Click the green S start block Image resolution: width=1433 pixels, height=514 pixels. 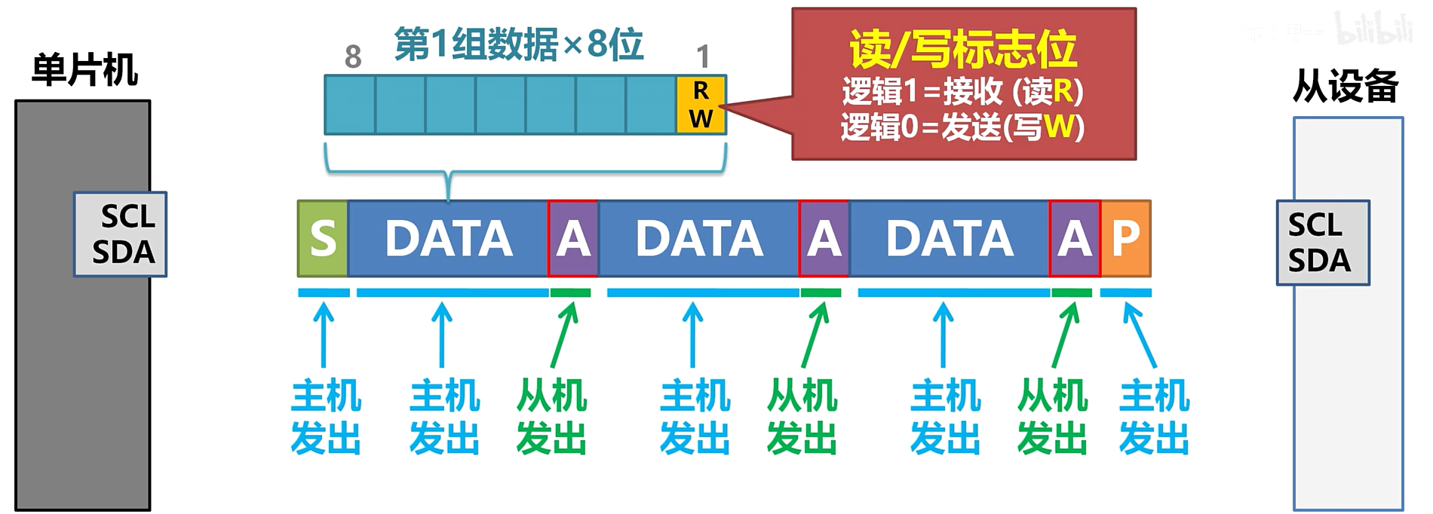point(323,238)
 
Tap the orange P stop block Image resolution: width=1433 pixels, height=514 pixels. point(1125,238)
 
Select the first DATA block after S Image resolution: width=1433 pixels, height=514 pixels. point(448,238)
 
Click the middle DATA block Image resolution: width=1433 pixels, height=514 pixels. point(698,238)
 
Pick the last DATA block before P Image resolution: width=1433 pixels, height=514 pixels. point(949,238)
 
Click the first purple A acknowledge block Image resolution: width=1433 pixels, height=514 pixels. point(573,238)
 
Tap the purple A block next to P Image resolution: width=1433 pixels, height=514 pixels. point(1074,238)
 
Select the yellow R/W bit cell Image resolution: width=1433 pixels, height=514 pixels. point(701,105)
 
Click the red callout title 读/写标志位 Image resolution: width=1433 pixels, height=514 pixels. point(962,50)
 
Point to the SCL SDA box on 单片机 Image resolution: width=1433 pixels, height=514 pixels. point(121,234)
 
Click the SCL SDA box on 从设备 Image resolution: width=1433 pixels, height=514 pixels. point(1322,243)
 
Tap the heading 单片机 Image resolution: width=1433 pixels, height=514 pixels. point(84,71)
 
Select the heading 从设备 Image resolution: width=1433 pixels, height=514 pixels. point(1345,86)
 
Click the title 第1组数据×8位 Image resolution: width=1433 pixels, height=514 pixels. point(518,44)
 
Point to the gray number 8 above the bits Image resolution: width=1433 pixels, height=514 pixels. point(353,57)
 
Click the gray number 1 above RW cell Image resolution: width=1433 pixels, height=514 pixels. point(703,57)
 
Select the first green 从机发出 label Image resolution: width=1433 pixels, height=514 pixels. point(551,417)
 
